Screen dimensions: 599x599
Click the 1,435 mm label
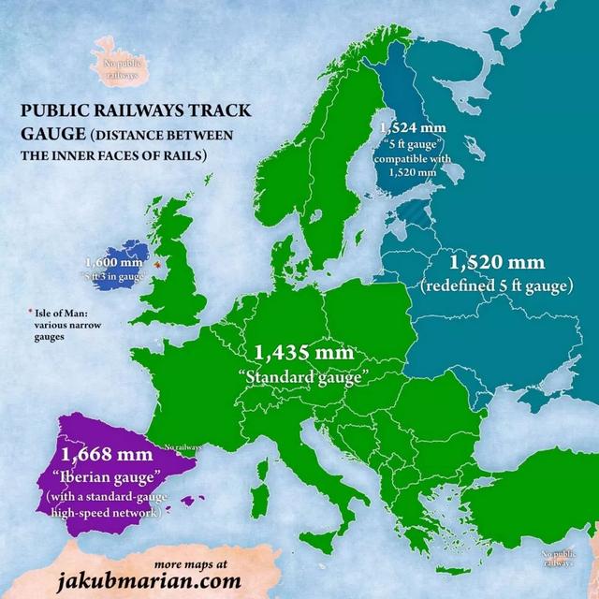(x=304, y=354)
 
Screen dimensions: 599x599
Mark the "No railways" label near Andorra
(x=183, y=447)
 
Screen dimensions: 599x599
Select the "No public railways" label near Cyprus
(x=560, y=559)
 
